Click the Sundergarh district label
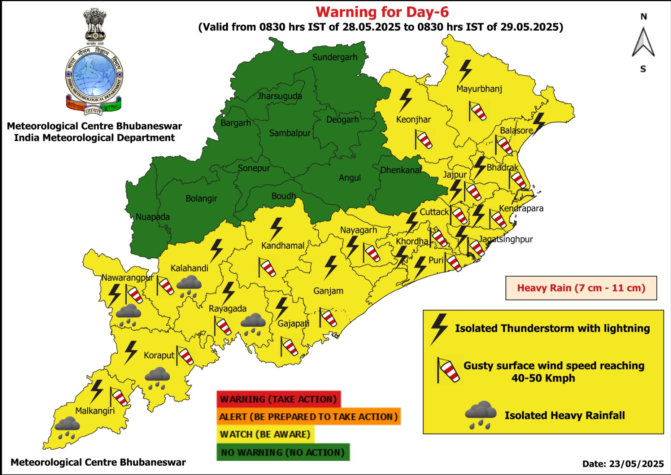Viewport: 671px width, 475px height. click(335, 57)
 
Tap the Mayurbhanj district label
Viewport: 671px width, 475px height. click(479, 89)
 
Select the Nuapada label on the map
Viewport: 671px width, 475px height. click(153, 217)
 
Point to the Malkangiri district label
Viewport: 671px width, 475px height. click(95, 411)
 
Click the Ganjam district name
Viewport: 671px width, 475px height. click(328, 291)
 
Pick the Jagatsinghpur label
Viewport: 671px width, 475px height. click(506, 239)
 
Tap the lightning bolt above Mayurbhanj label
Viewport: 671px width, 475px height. click(465, 71)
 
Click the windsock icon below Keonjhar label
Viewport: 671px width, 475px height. click(424, 139)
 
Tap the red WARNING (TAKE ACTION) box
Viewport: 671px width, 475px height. click(278, 399)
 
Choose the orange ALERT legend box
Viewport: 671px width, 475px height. click(308, 417)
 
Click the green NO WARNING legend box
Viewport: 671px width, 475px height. click(283, 452)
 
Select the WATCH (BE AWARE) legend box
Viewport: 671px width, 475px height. click(265, 434)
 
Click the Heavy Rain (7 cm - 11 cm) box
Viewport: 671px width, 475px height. click(581, 288)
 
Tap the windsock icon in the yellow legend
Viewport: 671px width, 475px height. click(448, 370)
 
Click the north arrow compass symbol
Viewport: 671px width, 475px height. click(643, 42)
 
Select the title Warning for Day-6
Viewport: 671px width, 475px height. click(382, 12)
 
